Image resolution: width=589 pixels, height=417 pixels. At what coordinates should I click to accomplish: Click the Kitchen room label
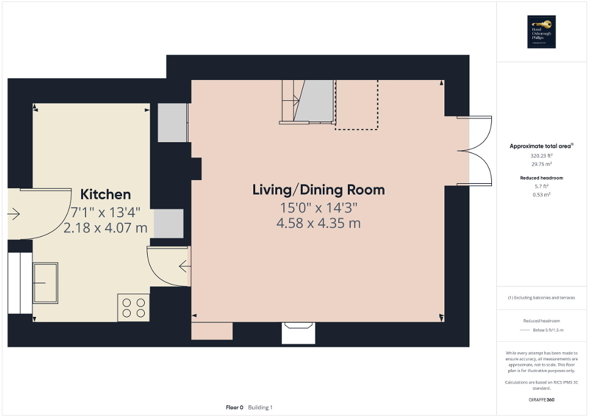[x=106, y=195]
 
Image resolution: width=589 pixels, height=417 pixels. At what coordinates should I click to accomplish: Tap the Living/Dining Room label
[x=319, y=190]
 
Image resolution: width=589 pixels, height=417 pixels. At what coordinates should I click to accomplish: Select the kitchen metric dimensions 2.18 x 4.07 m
[x=106, y=228]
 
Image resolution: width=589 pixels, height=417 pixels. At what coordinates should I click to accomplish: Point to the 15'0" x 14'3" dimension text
[x=318, y=208]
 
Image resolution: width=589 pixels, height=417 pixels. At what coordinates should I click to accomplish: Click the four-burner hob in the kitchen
[x=134, y=307]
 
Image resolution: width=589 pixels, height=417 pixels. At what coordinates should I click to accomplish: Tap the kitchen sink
[x=46, y=283]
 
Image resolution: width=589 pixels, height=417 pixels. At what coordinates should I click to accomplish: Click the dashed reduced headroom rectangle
[x=356, y=105]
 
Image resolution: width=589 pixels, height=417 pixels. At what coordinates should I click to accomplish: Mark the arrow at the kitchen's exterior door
[x=14, y=214]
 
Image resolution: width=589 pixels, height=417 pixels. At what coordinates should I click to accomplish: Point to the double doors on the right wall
[x=480, y=150]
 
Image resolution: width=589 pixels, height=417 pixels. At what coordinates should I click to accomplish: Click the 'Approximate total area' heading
[x=541, y=146]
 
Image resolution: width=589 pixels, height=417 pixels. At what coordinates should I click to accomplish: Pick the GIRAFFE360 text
[x=542, y=400]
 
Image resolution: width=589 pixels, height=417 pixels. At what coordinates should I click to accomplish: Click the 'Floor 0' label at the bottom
[x=235, y=407]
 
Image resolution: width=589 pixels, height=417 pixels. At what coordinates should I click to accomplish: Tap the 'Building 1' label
[x=261, y=407]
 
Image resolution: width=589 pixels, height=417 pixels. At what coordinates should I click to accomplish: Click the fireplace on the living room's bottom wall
[x=298, y=333]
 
